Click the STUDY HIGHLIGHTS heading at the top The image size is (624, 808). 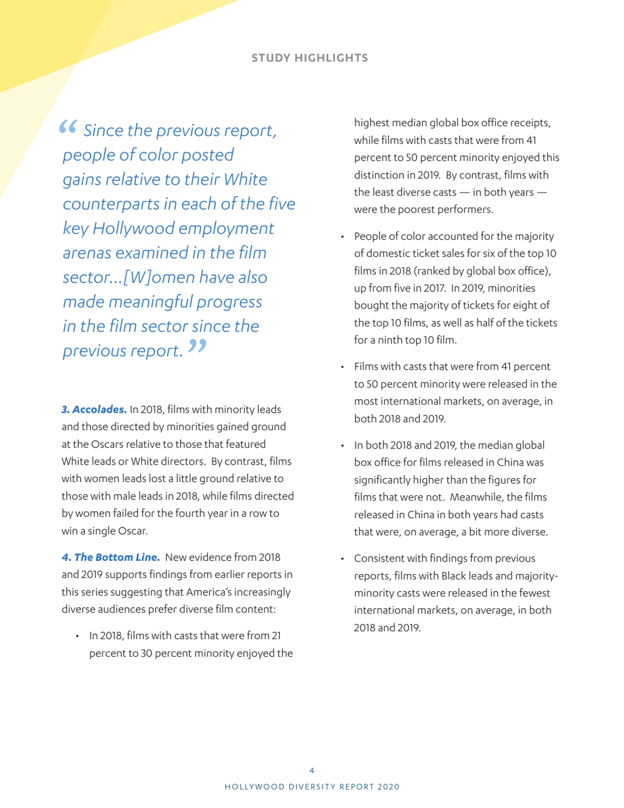click(x=310, y=58)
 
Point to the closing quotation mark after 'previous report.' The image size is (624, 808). click(x=196, y=346)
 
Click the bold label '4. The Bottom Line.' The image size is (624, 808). click(x=111, y=557)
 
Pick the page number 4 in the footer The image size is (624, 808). click(x=312, y=770)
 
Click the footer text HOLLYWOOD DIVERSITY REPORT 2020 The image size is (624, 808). click(x=312, y=786)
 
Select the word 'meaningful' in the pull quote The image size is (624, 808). click(x=153, y=302)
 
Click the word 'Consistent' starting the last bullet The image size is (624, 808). click(x=380, y=559)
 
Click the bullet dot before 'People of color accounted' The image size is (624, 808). click(x=342, y=237)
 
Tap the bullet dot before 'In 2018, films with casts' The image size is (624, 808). click(x=78, y=637)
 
